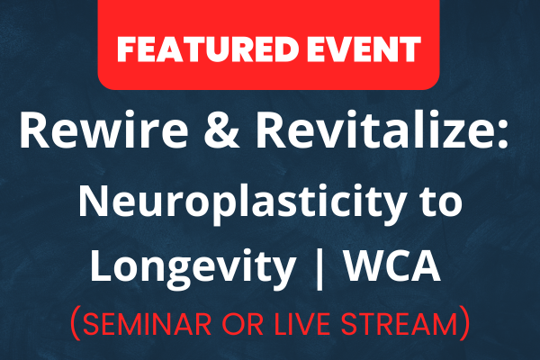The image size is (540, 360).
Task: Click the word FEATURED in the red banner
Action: [208, 49]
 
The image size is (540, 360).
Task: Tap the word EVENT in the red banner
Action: [364, 49]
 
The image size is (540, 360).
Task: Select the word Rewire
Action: [103, 130]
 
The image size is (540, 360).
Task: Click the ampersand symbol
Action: [221, 130]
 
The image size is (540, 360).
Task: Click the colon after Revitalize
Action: [501, 135]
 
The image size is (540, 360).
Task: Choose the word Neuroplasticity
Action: [241, 203]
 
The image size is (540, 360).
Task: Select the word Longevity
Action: [193, 266]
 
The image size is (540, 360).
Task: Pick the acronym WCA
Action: [393, 265]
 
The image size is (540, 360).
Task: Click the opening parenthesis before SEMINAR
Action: [75, 324]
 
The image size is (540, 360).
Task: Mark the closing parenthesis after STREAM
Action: [465, 324]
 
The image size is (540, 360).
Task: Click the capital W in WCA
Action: [366, 265]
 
